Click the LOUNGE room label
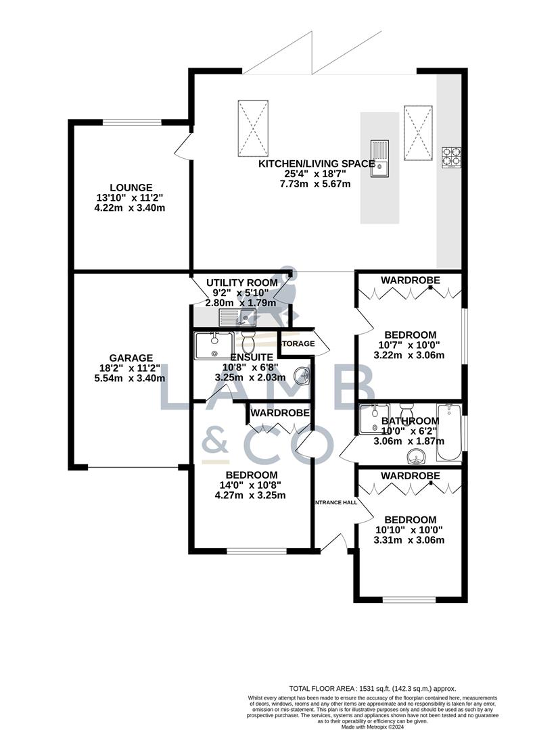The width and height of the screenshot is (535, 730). (x=132, y=187)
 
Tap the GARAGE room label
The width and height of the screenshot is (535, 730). (x=132, y=358)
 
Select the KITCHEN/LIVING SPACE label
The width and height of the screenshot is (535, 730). (x=317, y=164)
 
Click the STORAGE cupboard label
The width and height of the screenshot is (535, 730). (x=298, y=343)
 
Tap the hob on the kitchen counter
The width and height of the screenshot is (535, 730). (x=451, y=157)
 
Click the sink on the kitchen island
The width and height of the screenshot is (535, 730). (x=379, y=158)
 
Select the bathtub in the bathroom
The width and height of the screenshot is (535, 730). (x=448, y=432)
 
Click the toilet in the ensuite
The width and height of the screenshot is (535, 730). (x=248, y=337)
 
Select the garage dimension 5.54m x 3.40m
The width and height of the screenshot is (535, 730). (x=132, y=379)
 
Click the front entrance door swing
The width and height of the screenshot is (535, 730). (x=335, y=541)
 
